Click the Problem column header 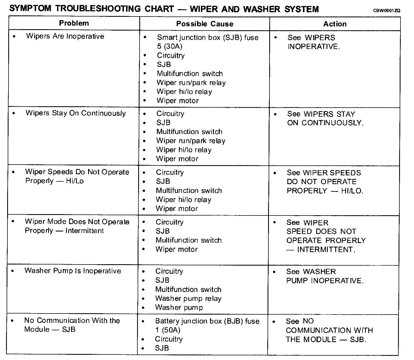[x=74, y=23]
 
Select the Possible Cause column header [x=205, y=24]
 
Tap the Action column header [x=335, y=24]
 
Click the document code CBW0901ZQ [x=386, y=11]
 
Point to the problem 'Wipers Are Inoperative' [x=65, y=36]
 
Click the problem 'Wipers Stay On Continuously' [x=75, y=113]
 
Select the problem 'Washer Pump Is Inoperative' [x=73, y=271]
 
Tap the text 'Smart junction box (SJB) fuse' [x=208, y=37]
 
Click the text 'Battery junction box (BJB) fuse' [x=207, y=321]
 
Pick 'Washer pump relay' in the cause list [x=188, y=299]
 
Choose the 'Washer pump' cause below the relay [x=179, y=308]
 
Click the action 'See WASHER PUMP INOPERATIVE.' [x=325, y=276]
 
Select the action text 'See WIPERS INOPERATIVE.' [x=313, y=42]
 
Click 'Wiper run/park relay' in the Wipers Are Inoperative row [x=191, y=83]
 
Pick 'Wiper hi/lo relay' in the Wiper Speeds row [x=183, y=200]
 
